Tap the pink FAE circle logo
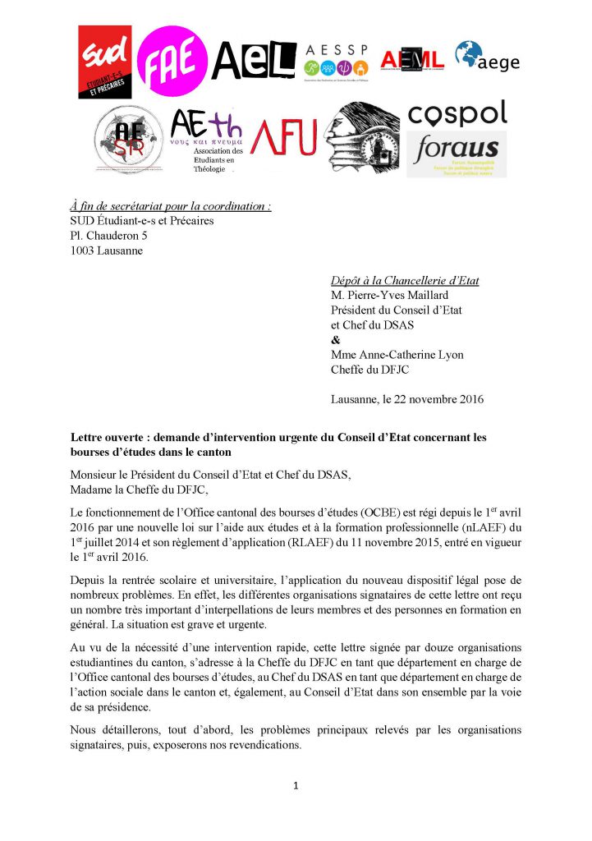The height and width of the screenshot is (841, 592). (171, 57)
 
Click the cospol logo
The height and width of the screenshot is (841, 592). (457, 113)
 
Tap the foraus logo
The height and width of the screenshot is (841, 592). (457, 153)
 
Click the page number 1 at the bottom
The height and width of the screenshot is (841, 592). (296, 786)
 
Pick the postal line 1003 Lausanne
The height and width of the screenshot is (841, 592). (106, 250)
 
